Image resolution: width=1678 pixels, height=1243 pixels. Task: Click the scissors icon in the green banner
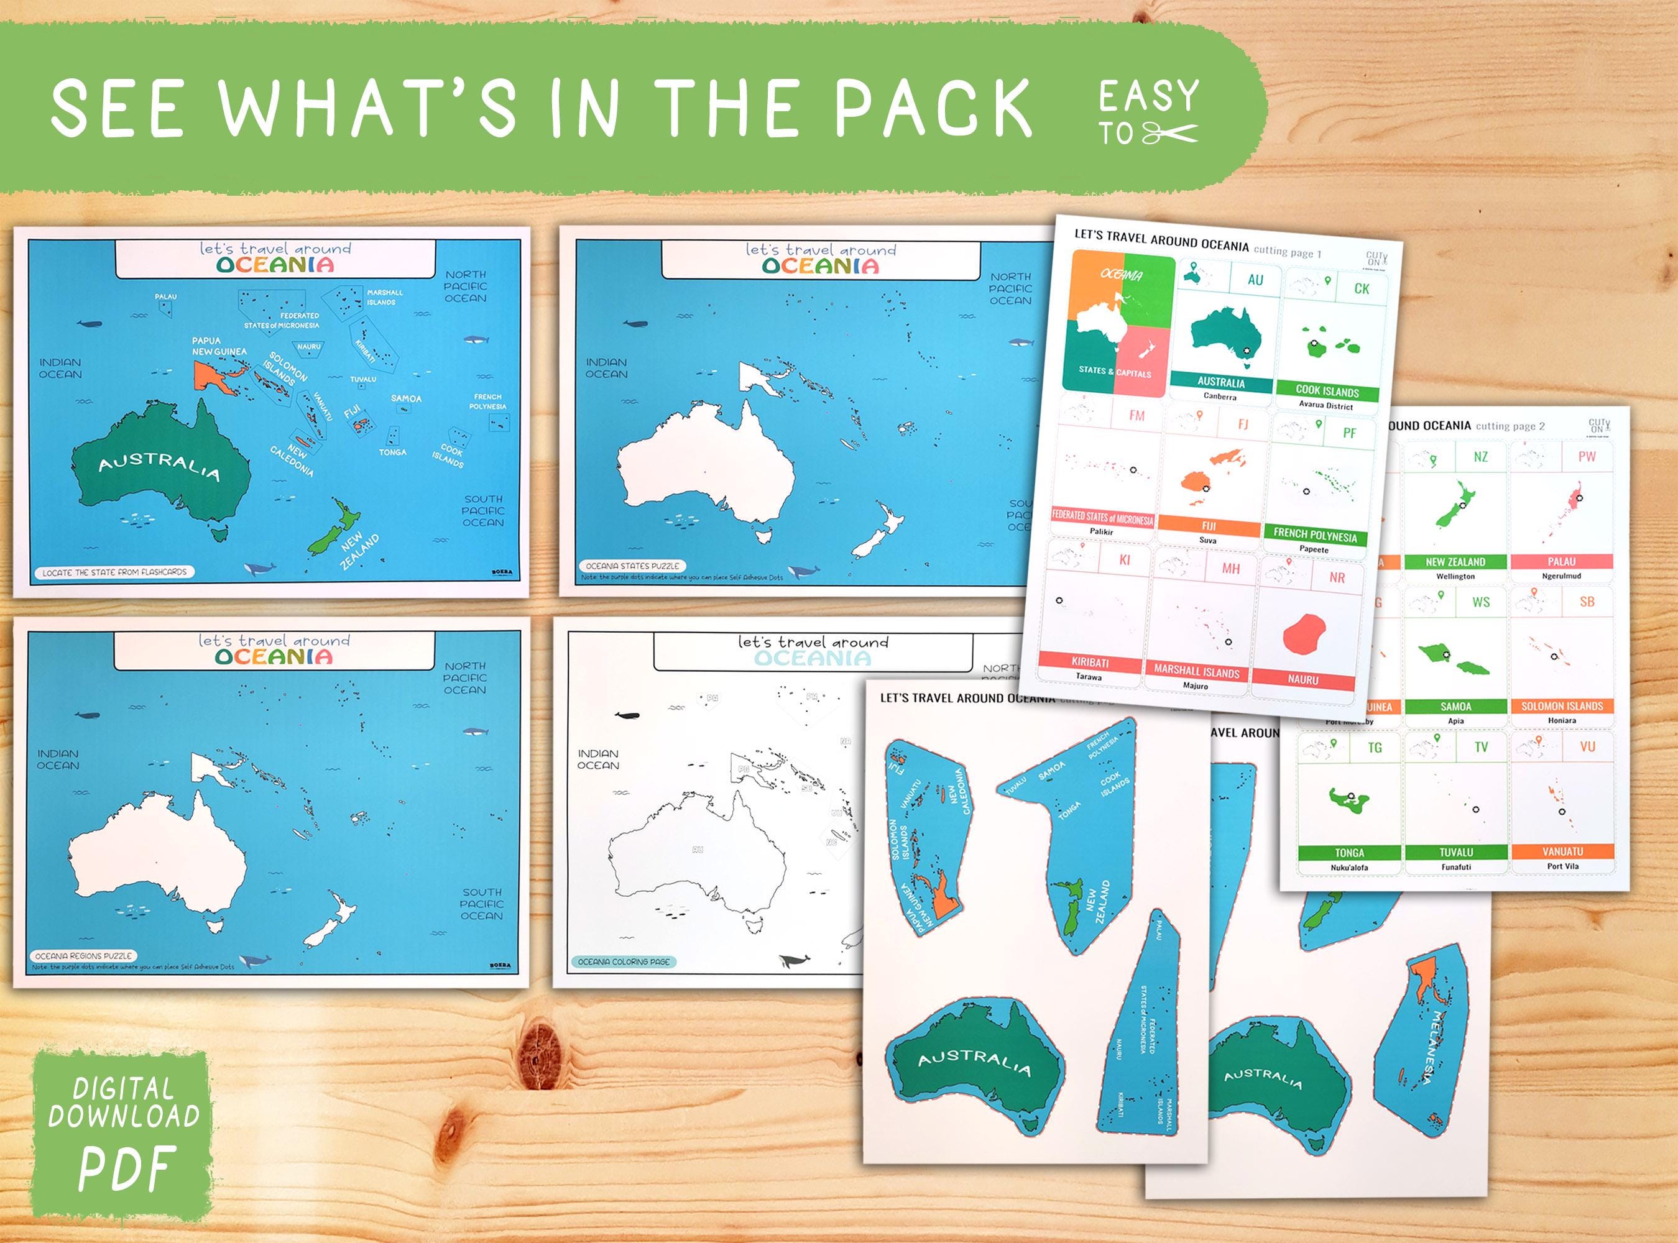[1169, 134]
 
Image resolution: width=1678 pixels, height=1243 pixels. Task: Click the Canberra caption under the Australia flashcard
[1220, 397]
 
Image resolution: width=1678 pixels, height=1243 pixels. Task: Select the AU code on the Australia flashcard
[1255, 280]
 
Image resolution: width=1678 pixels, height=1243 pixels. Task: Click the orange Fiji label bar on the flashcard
[1209, 526]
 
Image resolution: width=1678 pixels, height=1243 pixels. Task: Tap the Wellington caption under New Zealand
[1455, 576]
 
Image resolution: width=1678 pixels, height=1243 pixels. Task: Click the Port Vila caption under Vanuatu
[1562, 866]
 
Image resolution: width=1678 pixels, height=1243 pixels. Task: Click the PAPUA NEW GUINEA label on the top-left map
[219, 346]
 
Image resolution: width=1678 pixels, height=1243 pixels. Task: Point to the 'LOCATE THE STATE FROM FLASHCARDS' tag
[114, 572]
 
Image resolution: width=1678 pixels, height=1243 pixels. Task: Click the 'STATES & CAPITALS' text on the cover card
[1114, 371]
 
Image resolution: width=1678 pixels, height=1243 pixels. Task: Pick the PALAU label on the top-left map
[165, 296]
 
